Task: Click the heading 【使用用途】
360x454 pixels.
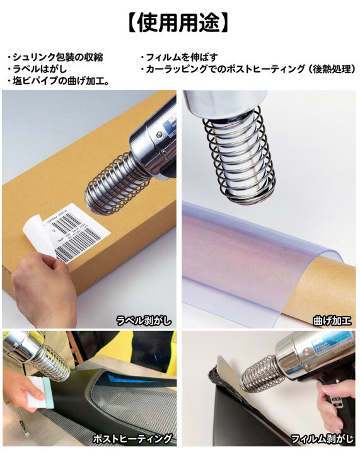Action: point(180,23)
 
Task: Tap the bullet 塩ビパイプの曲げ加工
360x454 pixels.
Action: point(60,81)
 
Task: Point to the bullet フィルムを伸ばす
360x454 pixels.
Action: point(180,57)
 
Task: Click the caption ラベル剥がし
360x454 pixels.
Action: point(144,320)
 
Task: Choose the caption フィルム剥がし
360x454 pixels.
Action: point(322,438)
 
